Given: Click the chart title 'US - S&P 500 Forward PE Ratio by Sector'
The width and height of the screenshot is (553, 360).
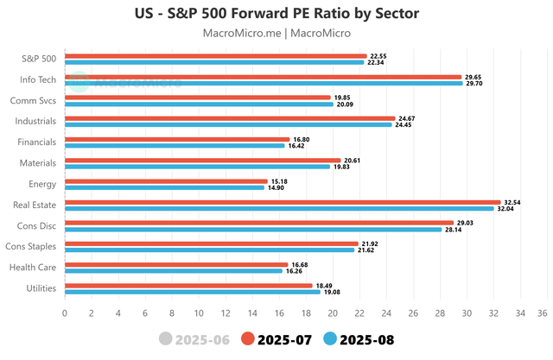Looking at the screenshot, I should click(276, 13).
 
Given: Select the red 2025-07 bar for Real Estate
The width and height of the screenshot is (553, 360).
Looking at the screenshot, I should click(283, 202).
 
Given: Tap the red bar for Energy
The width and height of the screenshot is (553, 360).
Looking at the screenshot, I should click(166, 181).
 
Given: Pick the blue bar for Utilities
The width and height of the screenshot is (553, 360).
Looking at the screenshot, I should click(192, 292).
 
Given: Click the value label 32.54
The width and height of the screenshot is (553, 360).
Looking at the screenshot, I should click(513, 202).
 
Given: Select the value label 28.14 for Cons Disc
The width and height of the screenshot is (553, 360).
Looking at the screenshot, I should click(454, 230).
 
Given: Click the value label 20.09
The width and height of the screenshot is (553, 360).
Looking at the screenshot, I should click(346, 104).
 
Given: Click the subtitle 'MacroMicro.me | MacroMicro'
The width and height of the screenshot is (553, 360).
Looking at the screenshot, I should click(276, 34).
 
